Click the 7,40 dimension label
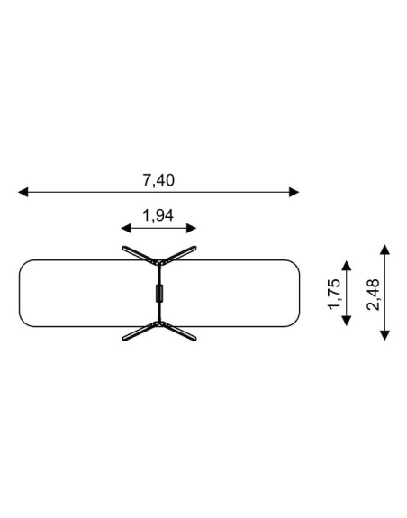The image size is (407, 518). pos(158,180)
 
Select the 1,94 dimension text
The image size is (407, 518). pos(158,215)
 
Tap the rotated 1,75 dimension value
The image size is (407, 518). pos(334,294)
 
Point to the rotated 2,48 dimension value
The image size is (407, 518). pos(374,295)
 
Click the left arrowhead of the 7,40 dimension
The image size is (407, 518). pos(23,192)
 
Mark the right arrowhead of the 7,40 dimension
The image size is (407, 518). pos(294,192)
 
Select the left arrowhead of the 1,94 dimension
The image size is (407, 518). pos(126,228)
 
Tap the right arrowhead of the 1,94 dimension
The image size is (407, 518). pos(192,228)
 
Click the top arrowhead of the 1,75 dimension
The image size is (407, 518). pos(347,266)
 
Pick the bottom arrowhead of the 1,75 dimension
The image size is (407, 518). pos(347,321)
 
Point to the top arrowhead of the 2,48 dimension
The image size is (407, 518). pos(384,250)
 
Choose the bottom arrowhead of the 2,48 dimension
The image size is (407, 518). pos(384,335)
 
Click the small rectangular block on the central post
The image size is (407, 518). pos(159,293)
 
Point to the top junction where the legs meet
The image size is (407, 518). pos(159,263)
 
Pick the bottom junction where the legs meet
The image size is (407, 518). pos(159,323)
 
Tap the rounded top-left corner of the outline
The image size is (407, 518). pos(23,264)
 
